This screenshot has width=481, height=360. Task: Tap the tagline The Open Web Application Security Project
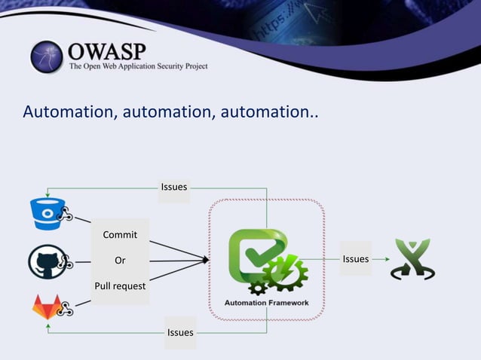coord(138,67)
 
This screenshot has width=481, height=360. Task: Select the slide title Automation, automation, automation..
coord(170,112)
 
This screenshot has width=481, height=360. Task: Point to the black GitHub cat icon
coord(43,261)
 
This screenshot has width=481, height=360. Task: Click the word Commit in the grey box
coord(120,234)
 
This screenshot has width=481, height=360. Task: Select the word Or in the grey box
coord(120,261)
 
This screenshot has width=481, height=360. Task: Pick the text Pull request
coord(120,286)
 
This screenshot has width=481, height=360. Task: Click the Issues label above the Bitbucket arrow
coord(174,187)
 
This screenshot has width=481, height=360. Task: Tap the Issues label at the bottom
coord(180,332)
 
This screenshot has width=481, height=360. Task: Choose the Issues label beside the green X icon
coord(356,259)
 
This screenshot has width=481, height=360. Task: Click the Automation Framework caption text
coord(267,303)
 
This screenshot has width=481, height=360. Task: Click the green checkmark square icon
coord(254,252)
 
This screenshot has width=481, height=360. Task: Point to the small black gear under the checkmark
coord(257,287)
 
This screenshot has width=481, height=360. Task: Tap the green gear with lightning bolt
coord(284,273)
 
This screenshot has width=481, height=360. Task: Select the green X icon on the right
coord(412,259)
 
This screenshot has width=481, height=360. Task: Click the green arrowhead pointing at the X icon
coord(386,259)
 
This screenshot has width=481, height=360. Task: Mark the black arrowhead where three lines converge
coord(205,261)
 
